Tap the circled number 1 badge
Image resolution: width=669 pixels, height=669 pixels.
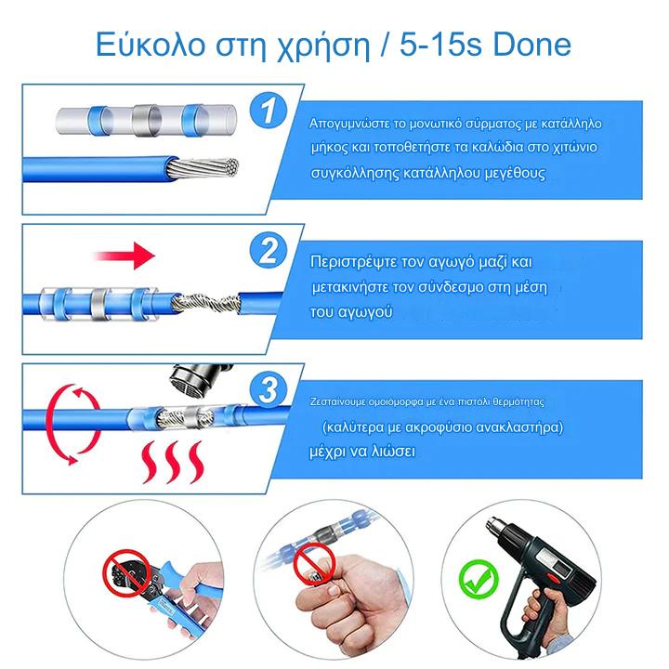268,110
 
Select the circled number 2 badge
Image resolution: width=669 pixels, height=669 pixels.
269,250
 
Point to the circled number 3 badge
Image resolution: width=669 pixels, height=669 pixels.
269,389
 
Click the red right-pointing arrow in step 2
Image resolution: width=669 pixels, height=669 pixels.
125,256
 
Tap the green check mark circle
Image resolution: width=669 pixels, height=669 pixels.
479,579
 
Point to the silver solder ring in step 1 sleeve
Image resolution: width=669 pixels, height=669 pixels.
146,120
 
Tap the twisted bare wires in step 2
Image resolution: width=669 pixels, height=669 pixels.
205,304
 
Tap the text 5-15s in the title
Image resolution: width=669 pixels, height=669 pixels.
441,45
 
